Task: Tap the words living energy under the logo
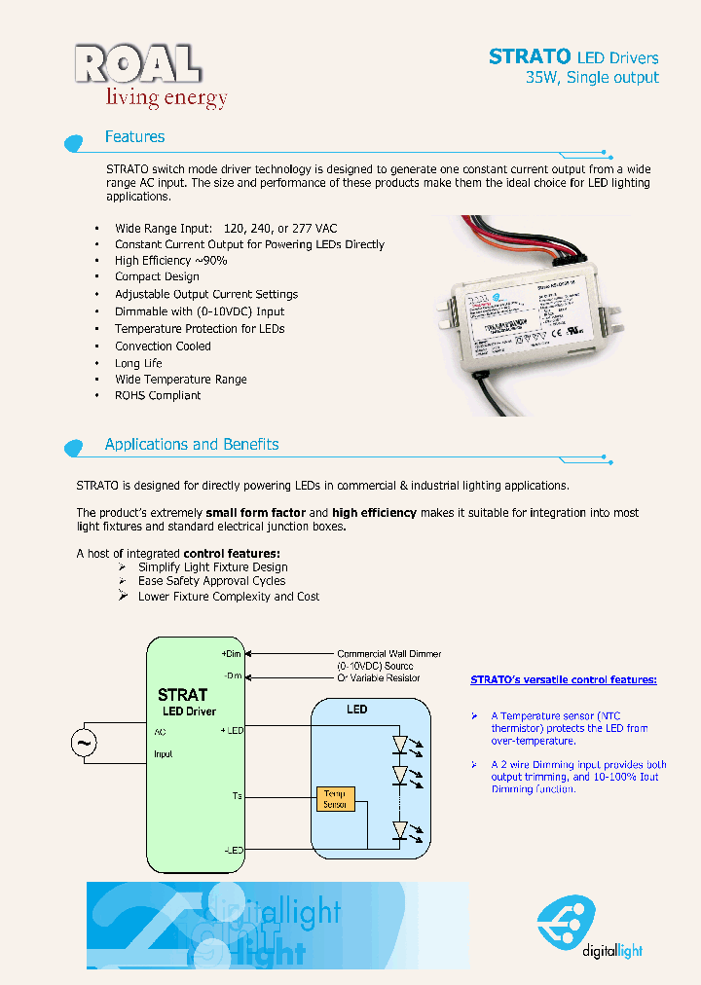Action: (166, 97)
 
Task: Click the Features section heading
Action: (134, 137)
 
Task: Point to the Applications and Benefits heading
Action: (192, 445)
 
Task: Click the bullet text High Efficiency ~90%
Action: (170, 261)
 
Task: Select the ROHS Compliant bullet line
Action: (158, 396)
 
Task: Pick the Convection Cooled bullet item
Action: (163, 346)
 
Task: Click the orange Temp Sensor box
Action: (335, 799)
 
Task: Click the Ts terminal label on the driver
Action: (237, 797)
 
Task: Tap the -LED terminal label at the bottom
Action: (233, 850)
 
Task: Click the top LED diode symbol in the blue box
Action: (399, 745)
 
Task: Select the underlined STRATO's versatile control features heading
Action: (563, 679)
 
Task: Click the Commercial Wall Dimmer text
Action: (388, 654)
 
